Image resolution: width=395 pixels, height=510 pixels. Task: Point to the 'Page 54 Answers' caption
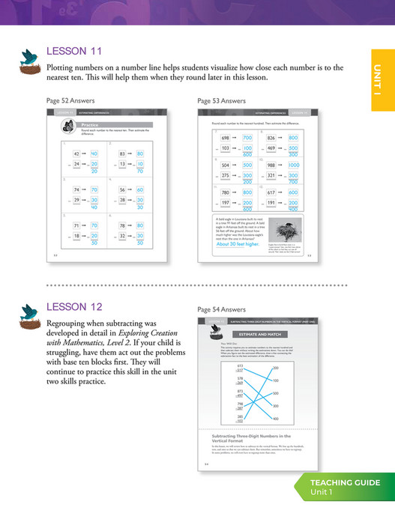tap(221, 309)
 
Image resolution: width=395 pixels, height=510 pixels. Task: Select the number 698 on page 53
tap(225, 139)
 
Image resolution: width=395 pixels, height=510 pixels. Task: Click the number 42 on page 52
tap(76, 153)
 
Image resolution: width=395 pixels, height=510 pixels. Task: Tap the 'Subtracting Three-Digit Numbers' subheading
tap(247, 437)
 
